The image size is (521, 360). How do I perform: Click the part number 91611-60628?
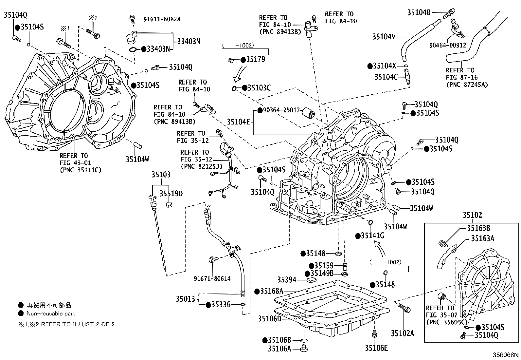161,19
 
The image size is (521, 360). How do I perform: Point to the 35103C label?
259,88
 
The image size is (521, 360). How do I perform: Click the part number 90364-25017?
281,110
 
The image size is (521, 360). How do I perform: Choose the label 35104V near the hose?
384,36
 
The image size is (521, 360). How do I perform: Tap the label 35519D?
171,194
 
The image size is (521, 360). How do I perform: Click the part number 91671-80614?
212,279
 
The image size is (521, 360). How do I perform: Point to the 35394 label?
287,280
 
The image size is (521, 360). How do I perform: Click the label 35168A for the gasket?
271,291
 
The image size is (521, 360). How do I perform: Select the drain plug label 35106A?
279,349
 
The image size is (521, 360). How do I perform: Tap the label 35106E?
376,348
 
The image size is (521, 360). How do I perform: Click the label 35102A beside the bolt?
402,333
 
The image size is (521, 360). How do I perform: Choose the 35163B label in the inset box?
478,228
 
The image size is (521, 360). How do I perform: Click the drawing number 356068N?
506,355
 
